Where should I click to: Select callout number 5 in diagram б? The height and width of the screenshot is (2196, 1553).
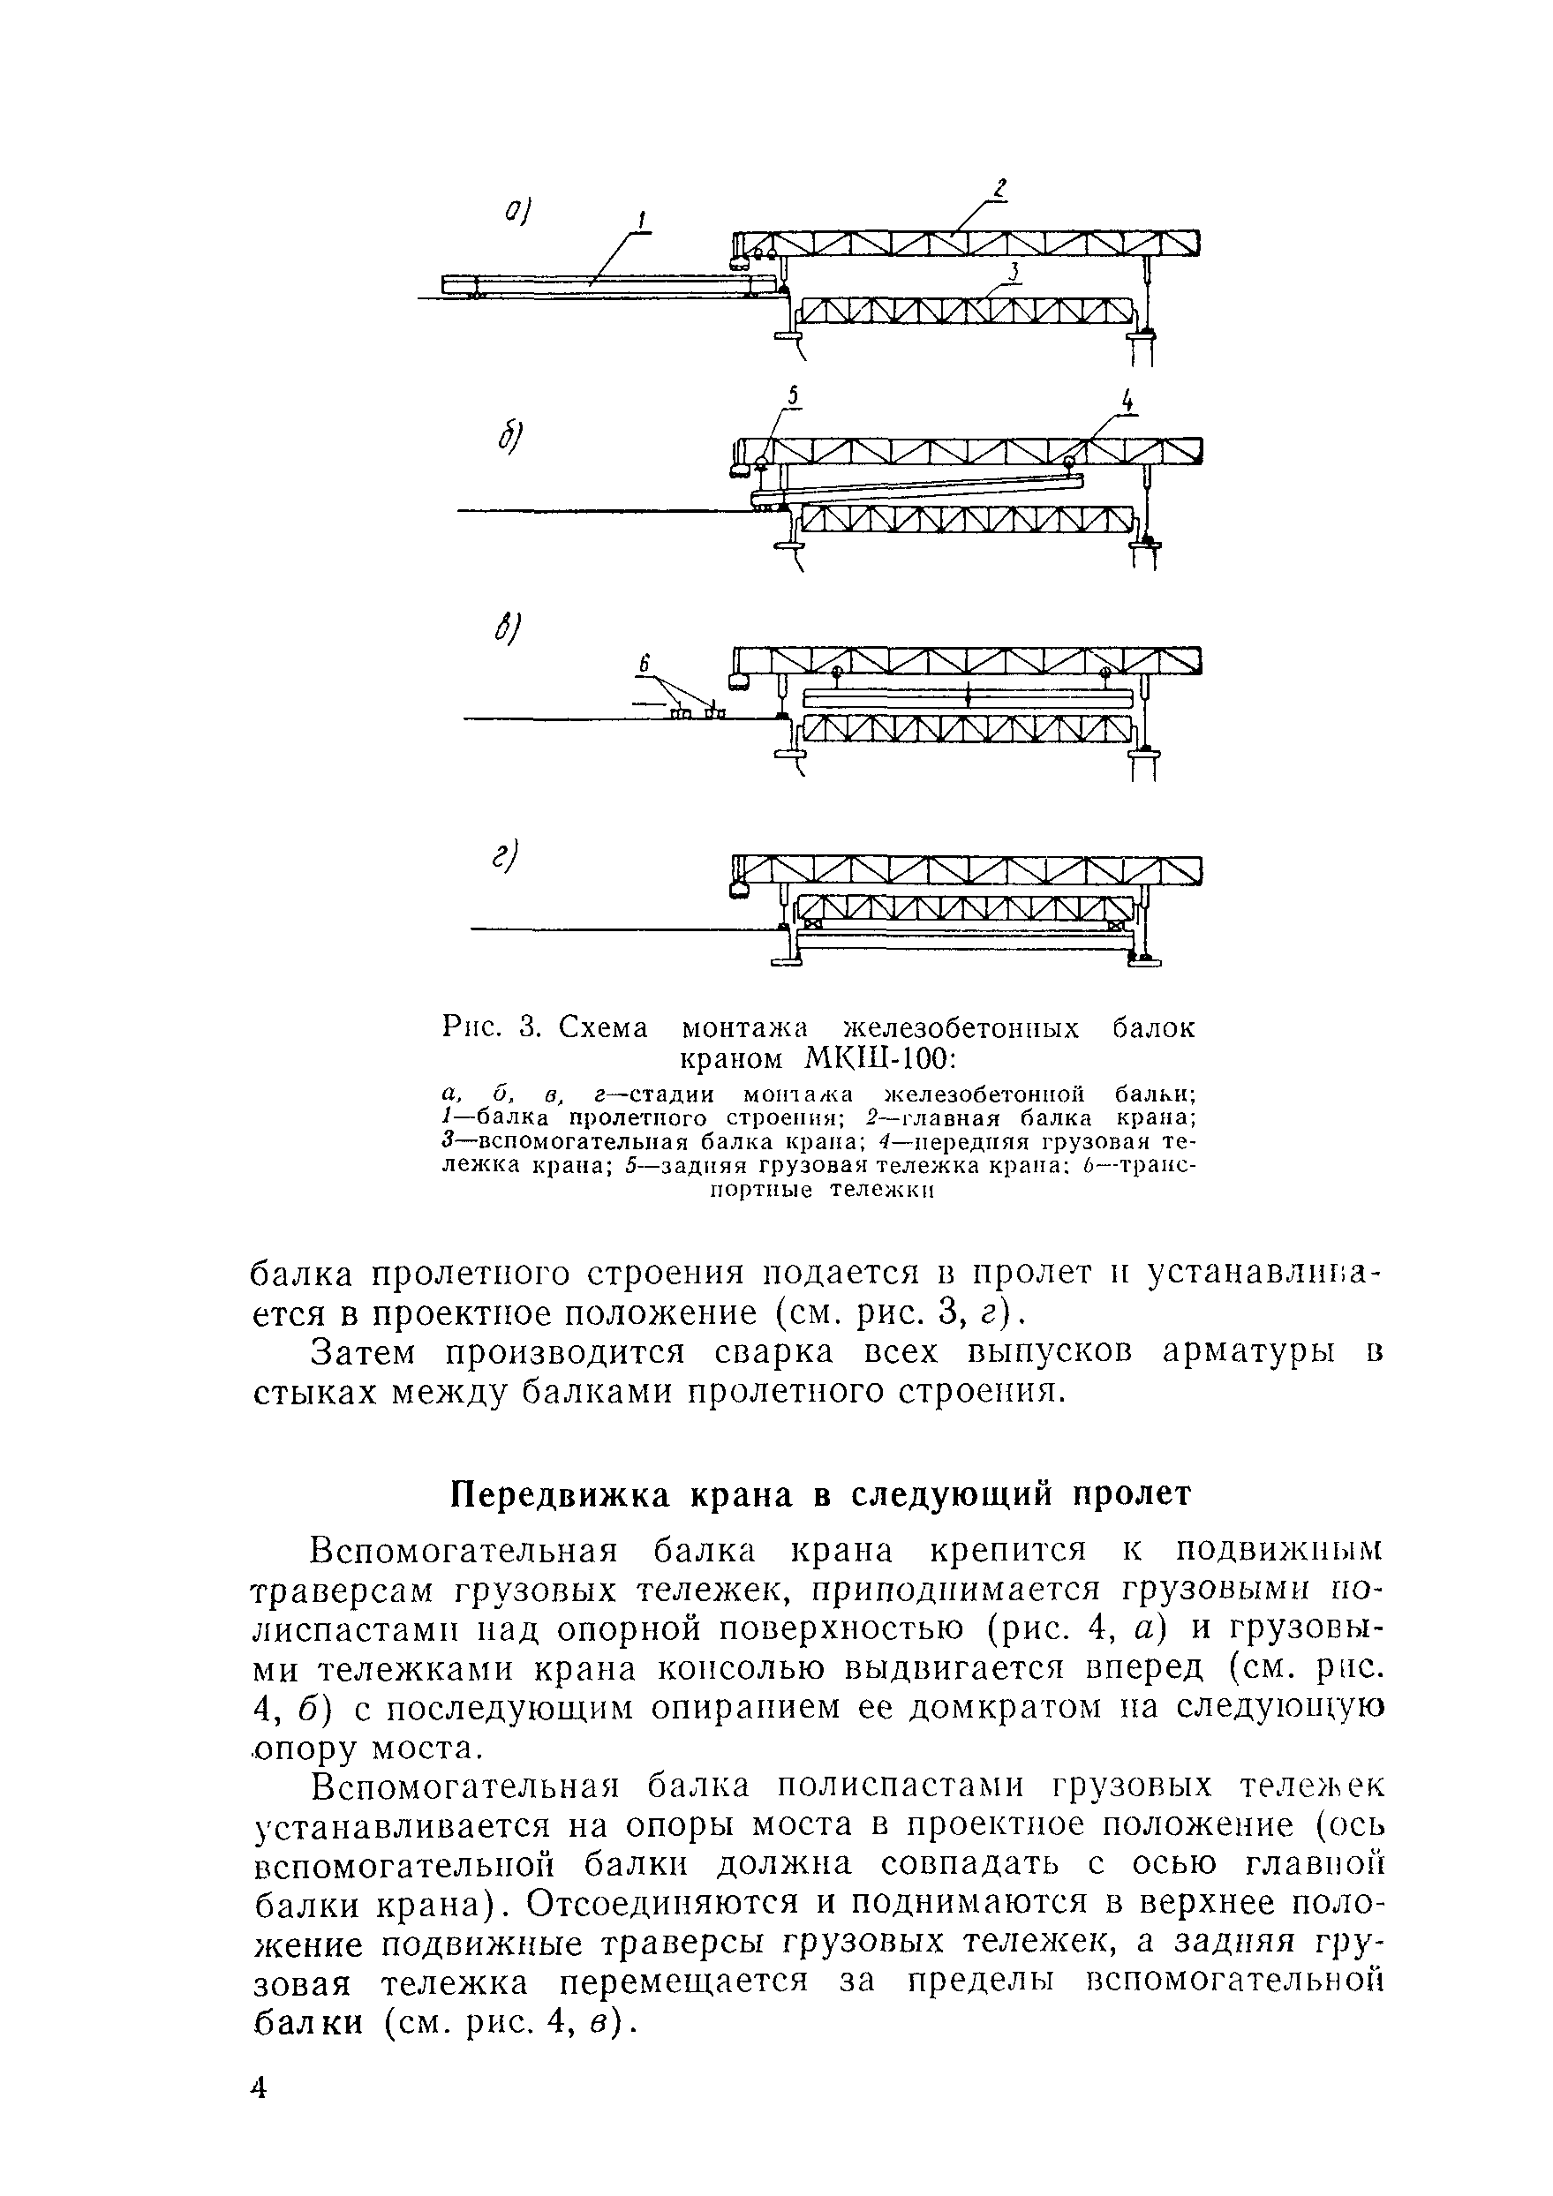792,396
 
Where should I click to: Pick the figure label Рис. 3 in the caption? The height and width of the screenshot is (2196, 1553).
492,1028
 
